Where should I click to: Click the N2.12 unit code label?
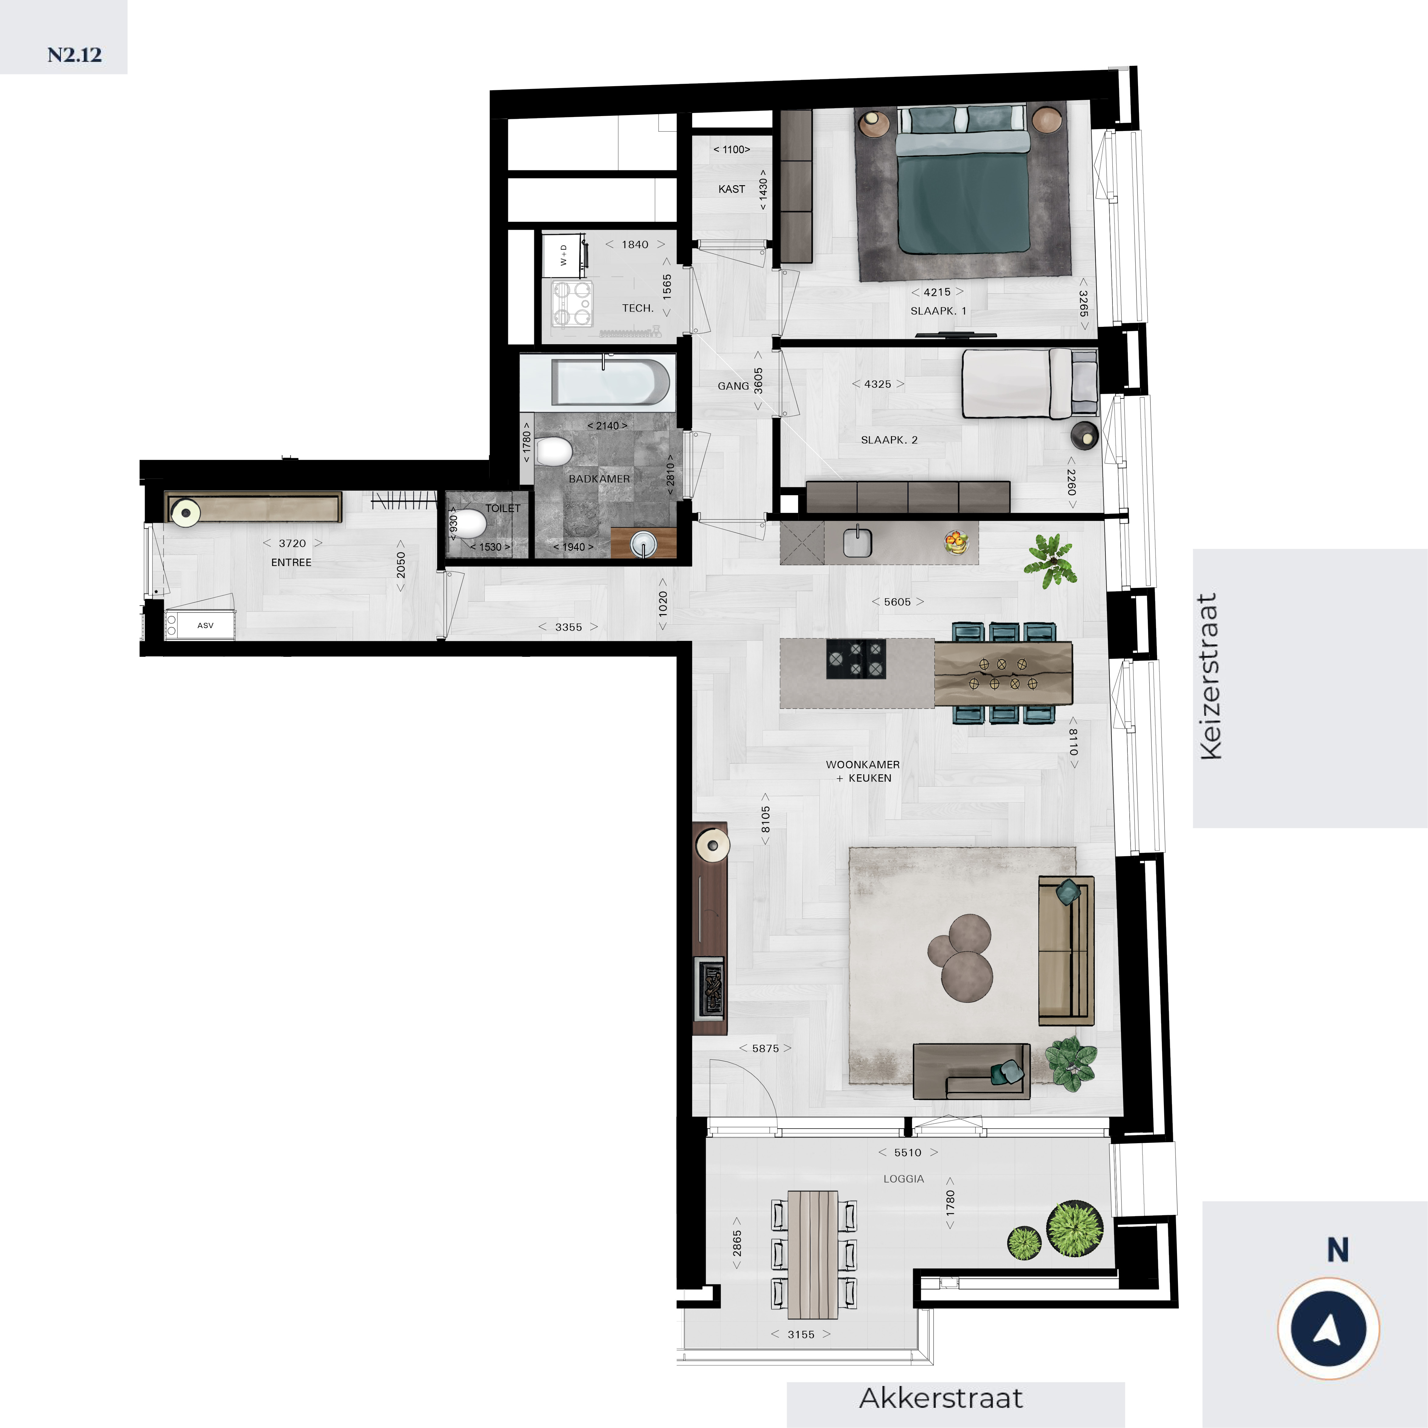(x=75, y=55)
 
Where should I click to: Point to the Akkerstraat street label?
(x=941, y=1398)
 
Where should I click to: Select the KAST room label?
(x=732, y=189)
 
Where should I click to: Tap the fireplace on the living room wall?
(x=709, y=988)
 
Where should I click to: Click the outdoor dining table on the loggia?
(x=812, y=1254)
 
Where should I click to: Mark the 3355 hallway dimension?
(x=568, y=627)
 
